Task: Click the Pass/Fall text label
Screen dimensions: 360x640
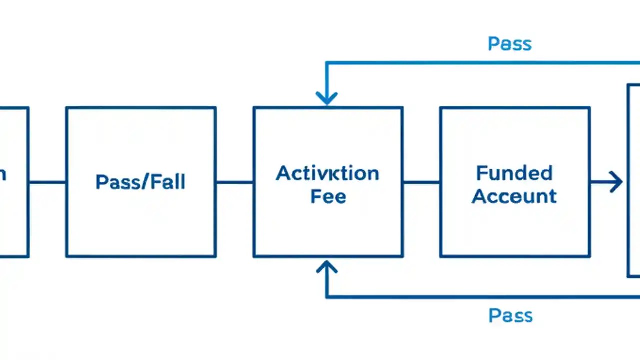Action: (x=140, y=182)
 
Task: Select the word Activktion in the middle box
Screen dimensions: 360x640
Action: (x=327, y=174)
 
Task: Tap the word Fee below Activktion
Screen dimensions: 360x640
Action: (x=328, y=196)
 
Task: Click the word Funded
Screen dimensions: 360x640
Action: (x=514, y=173)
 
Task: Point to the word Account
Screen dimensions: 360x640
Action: (x=514, y=196)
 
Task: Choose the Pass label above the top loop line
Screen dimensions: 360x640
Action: (x=509, y=44)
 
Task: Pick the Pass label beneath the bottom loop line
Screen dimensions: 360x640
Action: (x=510, y=316)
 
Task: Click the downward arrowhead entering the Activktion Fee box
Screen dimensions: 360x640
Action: (x=327, y=98)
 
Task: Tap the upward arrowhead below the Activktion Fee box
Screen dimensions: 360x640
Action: (x=327, y=268)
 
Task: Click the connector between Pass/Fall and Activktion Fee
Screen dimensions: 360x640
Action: (x=234, y=182)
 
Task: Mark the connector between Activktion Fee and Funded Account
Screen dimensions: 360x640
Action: (x=421, y=182)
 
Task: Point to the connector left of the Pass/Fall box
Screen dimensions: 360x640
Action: (x=47, y=182)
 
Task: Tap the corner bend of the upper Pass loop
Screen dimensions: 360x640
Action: (x=327, y=63)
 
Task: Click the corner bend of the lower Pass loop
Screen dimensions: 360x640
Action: (x=327, y=297)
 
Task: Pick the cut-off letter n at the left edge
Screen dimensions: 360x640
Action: (x=2, y=175)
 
